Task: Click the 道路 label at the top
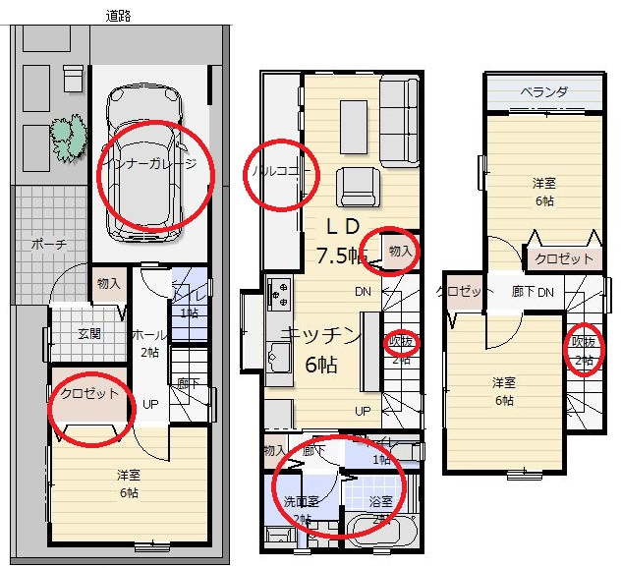119,16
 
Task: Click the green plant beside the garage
66,139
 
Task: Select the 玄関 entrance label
88,333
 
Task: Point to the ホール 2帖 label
149,343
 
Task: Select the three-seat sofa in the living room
400,121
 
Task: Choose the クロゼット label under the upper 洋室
564,259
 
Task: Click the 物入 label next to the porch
108,284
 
